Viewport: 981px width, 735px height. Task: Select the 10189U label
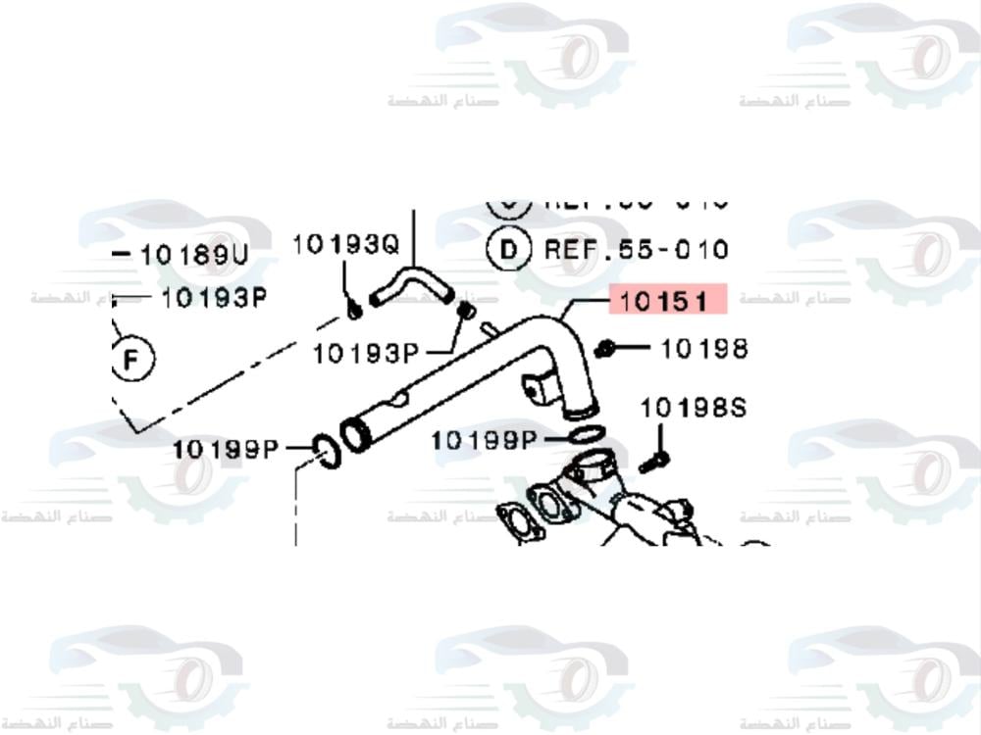194,256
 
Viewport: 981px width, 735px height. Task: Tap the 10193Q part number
345,244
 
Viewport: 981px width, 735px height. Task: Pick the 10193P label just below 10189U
213,297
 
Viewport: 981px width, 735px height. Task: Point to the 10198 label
703,348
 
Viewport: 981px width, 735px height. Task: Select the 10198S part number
693,407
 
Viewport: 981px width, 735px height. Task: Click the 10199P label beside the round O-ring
226,450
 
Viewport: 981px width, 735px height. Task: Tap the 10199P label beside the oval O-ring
484,441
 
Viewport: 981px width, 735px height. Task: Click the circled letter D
509,250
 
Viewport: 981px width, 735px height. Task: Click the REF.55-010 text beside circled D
636,250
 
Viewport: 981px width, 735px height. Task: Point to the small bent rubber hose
410,285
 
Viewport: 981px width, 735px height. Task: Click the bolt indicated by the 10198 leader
605,348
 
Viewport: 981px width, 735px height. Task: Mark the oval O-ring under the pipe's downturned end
585,435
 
